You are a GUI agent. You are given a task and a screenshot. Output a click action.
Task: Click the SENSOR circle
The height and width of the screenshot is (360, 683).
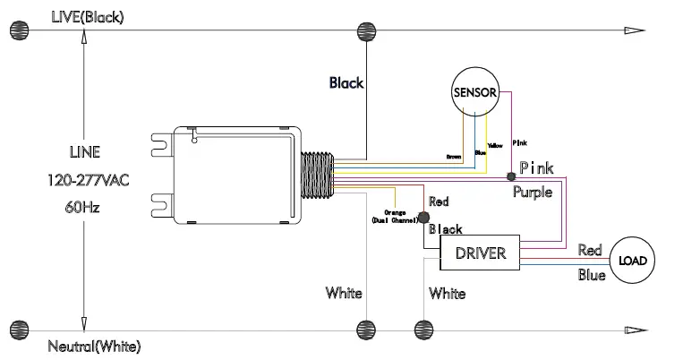click(474, 92)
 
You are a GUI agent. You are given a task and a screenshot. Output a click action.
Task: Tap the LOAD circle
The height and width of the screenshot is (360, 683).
click(632, 261)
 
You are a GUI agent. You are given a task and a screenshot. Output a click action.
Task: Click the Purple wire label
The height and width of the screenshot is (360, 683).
click(532, 192)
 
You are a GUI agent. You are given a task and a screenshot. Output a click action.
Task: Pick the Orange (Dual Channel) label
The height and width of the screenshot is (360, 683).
click(395, 216)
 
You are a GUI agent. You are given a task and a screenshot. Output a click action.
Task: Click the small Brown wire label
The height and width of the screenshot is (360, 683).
click(453, 157)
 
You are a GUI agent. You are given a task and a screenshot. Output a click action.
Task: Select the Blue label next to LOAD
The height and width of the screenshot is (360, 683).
click(591, 275)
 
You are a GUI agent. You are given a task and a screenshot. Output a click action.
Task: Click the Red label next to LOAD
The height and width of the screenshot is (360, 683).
click(590, 249)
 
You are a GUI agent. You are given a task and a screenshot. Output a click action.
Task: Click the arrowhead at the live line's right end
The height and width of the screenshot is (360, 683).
click(634, 31)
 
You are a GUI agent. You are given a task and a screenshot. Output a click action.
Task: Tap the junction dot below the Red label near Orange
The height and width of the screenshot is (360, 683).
click(424, 216)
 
